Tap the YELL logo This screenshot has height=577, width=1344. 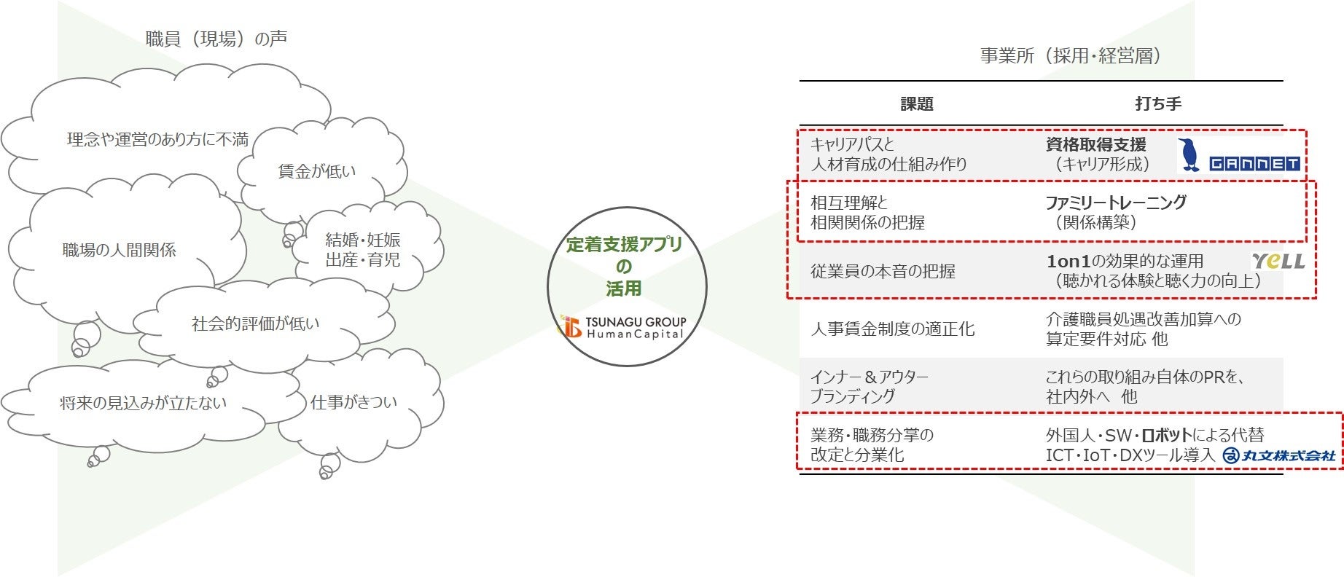pyautogui.click(x=1278, y=261)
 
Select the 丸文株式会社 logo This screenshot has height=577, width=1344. pyautogui.click(x=1279, y=455)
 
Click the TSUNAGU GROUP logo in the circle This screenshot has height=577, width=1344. pyautogui.click(x=624, y=327)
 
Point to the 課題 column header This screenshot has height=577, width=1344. pyautogui.click(x=917, y=104)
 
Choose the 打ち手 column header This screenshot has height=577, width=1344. pyautogui.click(x=1158, y=103)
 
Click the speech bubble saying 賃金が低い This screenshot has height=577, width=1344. pyautogui.click(x=317, y=171)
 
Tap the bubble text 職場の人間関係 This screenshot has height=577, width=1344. pyautogui.click(x=119, y=251)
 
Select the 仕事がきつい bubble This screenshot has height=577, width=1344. pyautogui.click(x=354, y=402)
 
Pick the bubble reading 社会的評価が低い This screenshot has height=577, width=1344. pyautogui.click(x=255, y=323)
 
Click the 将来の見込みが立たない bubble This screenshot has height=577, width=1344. pyautogui.click(x=143, y=403)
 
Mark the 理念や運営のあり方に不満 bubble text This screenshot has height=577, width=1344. pyautogui.click(x=157, y=139)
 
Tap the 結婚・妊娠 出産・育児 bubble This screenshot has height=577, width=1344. pyautogui.click(x=363, y=250)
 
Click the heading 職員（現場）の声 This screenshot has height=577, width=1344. pyautogui.click(x=216, y=39)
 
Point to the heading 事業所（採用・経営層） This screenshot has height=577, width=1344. pyautogui.click(x=1070, y=56)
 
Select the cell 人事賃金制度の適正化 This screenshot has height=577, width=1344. pyautogui.click(x=892, y=329)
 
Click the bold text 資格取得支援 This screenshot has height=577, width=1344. pyautogui.click(x=1095, y=144)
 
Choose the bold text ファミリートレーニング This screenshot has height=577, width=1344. pyautogui.click(x=1116, y=203)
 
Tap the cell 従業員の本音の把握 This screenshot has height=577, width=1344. pyautogui.click(x=883, y=272)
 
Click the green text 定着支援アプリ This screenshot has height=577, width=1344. pyautogui.click(x=625, y=245)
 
